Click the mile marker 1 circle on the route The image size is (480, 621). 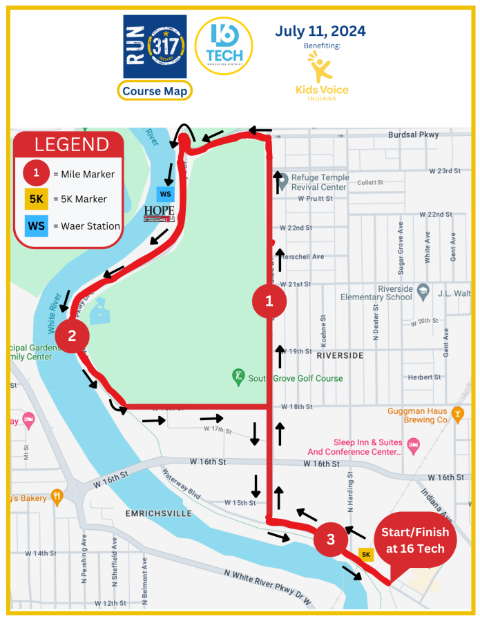[x=269, y=301]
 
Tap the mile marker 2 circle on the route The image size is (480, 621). [x=71, y=336]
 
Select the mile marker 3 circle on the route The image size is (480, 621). [x=331, y=539]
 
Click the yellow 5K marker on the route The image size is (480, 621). [x=366, y=554]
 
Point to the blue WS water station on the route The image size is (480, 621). [x=166, y=194]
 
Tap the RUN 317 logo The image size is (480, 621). [x=155, y=46]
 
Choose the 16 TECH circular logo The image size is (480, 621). [x=224, y=46]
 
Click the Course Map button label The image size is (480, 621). [x=155, y=91]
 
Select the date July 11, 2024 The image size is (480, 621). [x=320, y=31]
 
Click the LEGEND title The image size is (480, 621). [x=72, y=144]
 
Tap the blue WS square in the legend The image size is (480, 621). [x=37, y=226]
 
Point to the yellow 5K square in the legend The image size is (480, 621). [x=37, y=199]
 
